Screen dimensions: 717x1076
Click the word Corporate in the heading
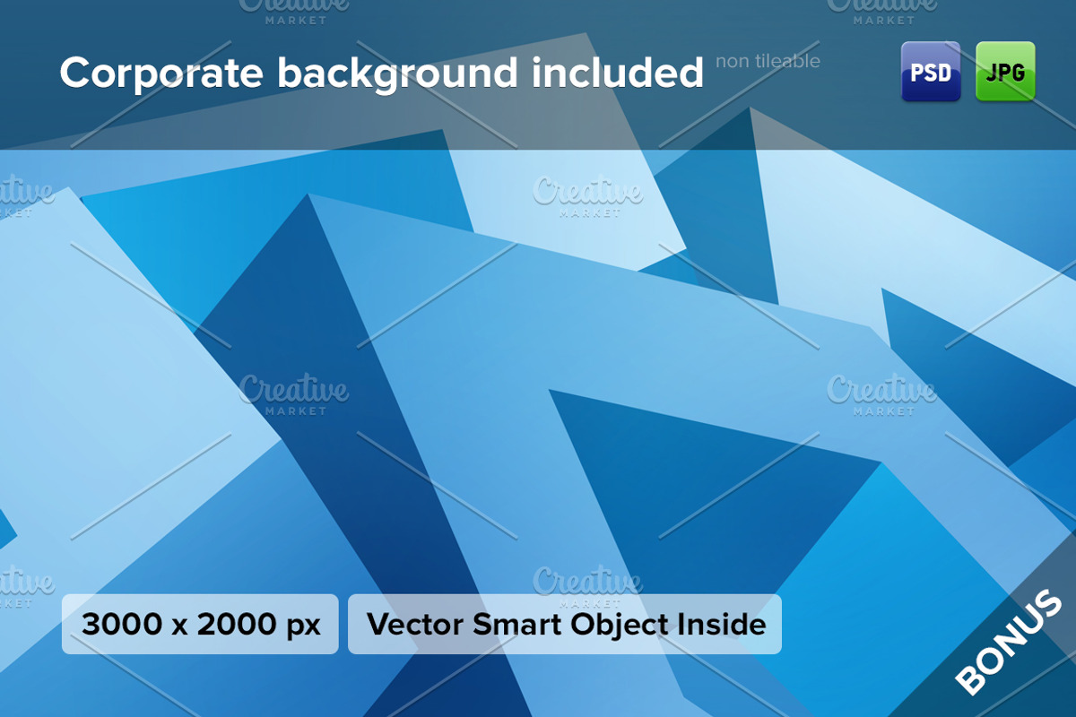(162, 73)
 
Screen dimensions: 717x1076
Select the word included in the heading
(617, 73)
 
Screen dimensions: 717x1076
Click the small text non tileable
(768, 61)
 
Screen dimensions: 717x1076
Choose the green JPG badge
(1005, 72)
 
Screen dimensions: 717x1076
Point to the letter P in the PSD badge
(916, 73)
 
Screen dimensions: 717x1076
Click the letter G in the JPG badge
(1019, 73)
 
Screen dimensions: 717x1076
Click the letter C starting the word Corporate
(74, 73)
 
